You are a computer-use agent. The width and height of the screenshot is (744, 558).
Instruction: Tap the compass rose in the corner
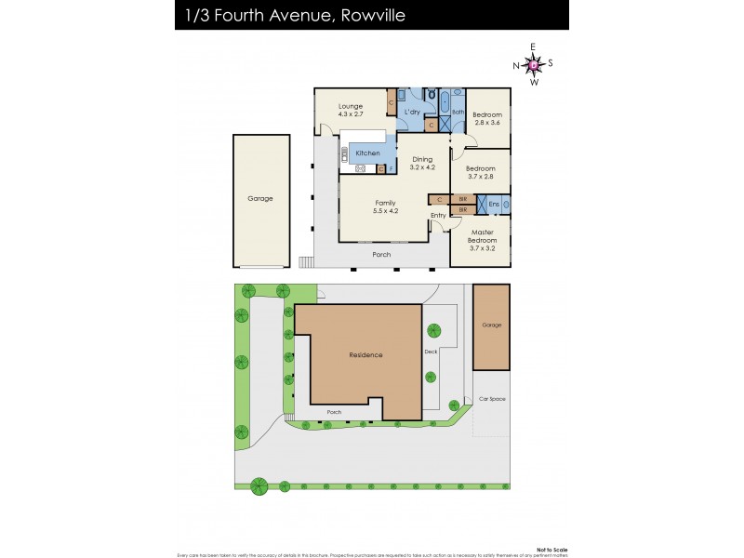[x=533, y=64]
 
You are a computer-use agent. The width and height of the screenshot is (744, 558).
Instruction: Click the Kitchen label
[x=366, y=152]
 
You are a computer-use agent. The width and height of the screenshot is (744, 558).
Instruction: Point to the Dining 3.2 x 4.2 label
[x=423, y=163]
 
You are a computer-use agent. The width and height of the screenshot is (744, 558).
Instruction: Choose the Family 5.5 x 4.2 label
[x=385, y=206]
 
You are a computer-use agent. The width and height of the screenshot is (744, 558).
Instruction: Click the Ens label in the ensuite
[x=494, y=204]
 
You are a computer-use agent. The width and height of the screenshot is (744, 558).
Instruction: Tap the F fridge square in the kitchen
[x=392, y=168]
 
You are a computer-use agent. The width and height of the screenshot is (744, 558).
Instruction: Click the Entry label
[x=437, y=216]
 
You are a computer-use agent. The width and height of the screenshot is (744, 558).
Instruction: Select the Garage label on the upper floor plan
[x=259, y=198]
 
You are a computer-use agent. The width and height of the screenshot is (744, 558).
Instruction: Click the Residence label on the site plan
[x=365, y=355]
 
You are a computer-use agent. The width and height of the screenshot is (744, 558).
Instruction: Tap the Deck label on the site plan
[x=431, y=352]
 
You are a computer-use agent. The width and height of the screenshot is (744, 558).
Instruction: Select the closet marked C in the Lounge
[x=392, y=103]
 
